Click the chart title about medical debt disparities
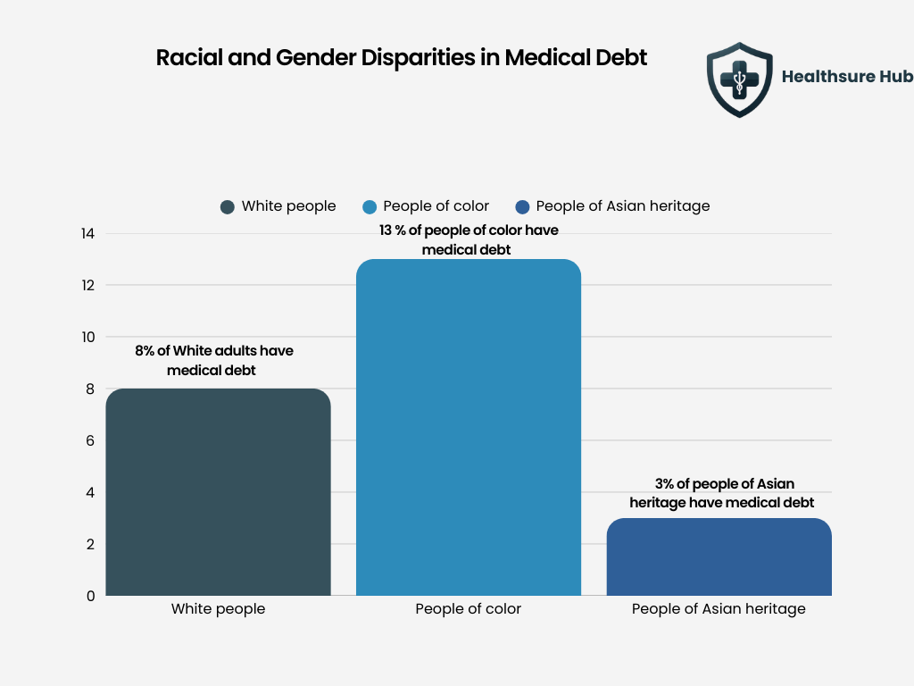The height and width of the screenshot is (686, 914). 402,57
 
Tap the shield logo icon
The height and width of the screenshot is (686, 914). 738,79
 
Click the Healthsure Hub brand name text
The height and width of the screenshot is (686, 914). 846,77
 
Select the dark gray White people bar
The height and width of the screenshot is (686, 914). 218,492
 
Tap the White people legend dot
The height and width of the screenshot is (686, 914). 228,206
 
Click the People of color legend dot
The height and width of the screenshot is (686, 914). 370,206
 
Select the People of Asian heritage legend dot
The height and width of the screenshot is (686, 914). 522,206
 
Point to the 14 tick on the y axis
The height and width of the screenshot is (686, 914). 87,234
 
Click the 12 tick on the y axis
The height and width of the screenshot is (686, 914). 87,286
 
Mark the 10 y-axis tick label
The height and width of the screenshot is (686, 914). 87,338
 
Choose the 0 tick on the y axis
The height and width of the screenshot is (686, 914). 90,596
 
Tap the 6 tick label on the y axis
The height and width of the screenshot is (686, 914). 90,440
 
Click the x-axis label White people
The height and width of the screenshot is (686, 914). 218,609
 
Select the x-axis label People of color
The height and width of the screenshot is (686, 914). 469,609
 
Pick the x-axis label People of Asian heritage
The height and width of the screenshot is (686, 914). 719,609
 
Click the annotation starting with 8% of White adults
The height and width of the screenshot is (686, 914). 214,360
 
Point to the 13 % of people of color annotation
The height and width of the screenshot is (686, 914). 469,240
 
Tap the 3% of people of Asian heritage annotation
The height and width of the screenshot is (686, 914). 721,493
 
